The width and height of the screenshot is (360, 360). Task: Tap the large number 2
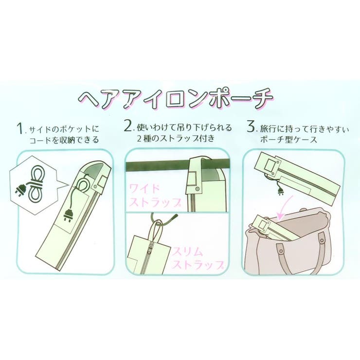pyautogui.click(x=127, y=128)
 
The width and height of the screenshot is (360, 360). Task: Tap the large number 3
pyautogui.click(x=251, y=128)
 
